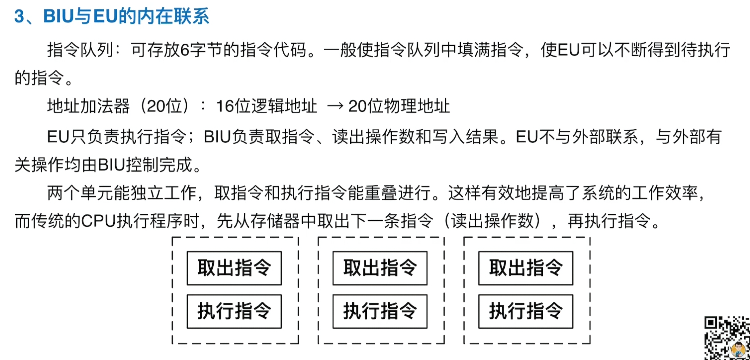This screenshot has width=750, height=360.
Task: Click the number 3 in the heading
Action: pos(19,16)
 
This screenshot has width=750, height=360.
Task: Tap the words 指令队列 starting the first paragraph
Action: pos(80,50)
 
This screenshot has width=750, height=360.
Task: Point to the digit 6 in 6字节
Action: pos(185,50)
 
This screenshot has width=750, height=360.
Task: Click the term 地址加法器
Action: pos(88,106)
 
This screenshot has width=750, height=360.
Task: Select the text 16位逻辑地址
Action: pos(266,106)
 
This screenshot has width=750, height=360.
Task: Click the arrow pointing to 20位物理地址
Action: pos(335,106)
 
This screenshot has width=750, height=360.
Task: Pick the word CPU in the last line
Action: pos(98,221)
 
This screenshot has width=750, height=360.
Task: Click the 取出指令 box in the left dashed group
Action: pos(234,268)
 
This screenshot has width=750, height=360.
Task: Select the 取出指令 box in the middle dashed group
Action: pos(380,268)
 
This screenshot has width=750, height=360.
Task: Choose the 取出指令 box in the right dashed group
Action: pos(526,268)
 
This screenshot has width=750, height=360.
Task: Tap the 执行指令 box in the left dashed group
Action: pos(234,311)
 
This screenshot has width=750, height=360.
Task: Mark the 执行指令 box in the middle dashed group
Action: pos(380,311)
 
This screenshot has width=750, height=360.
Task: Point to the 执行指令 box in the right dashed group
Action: pos(526,311)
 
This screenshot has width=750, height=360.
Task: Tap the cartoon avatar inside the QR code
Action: pos(738,349)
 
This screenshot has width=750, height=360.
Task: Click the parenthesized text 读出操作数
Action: pos(492,221)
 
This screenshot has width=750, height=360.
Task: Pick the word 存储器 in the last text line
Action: pos(275,221)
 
